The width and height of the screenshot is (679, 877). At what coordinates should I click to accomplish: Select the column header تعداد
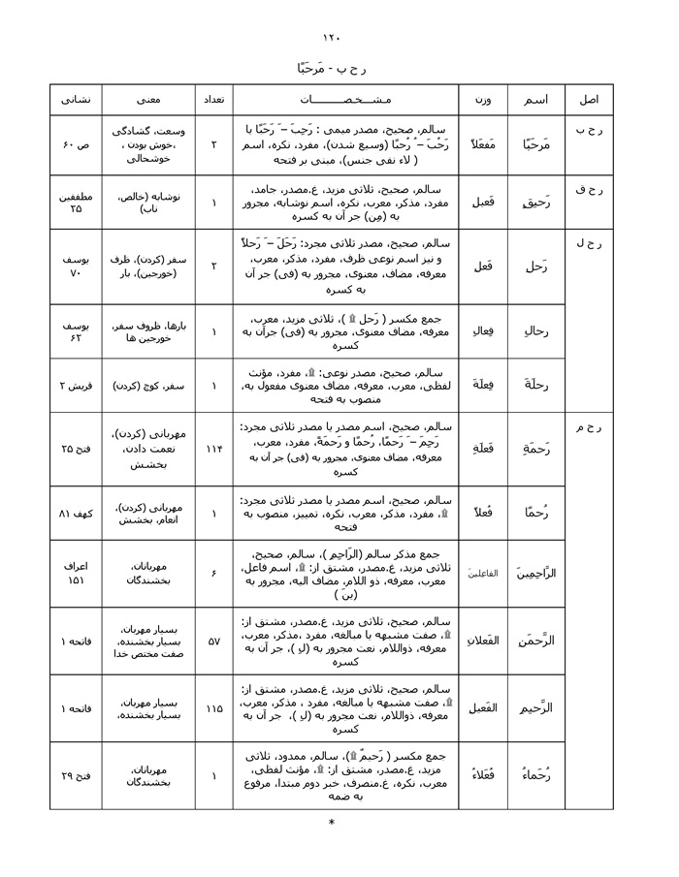(x=213, y=100)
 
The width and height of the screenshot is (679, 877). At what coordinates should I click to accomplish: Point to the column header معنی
(x=148, y=100)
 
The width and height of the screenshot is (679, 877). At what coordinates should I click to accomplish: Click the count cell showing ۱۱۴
(x=213, y=450)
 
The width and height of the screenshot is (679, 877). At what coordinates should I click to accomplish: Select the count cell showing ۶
(x=213, y=574)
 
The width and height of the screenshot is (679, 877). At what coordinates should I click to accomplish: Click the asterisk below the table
(x=332, y=824)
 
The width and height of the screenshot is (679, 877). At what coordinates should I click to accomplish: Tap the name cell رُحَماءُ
(x=533, y=775)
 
